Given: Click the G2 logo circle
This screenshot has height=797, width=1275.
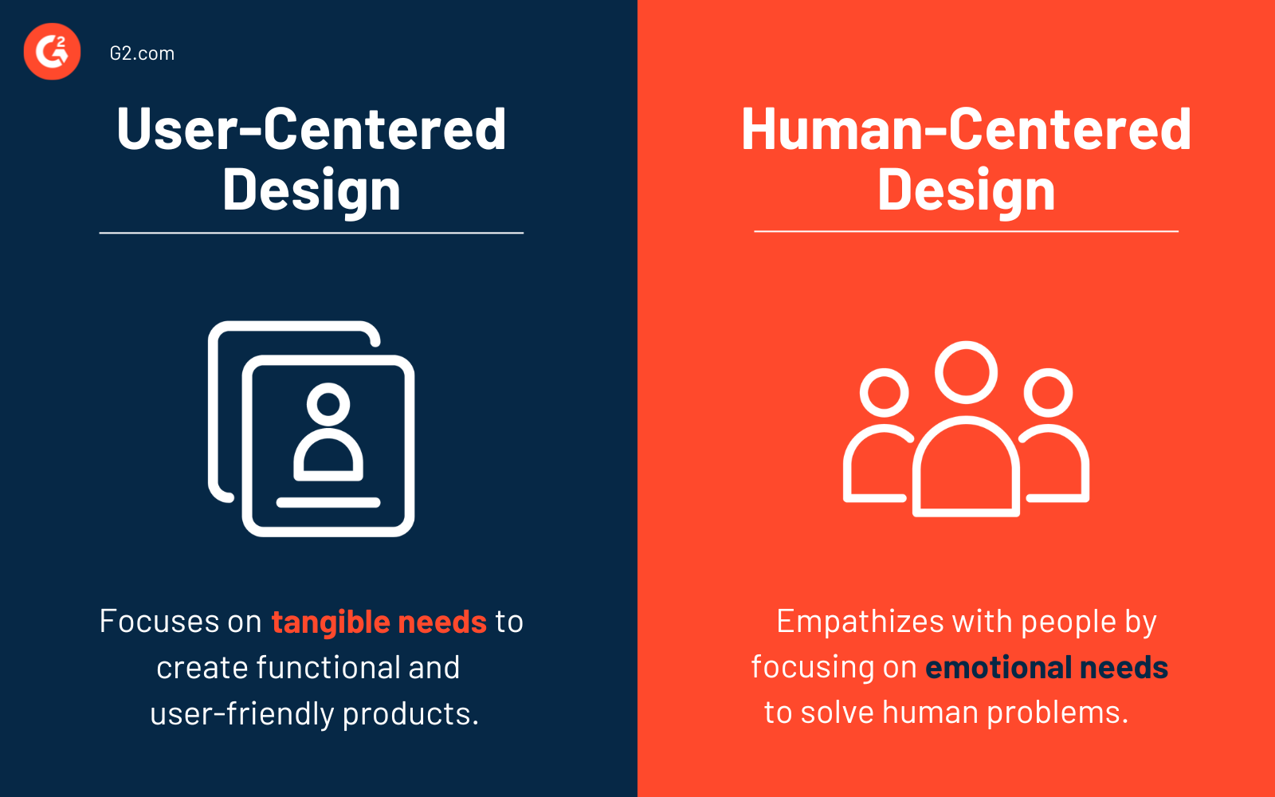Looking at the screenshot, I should [53, 52].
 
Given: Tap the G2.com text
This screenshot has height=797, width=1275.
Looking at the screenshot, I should [142, 53].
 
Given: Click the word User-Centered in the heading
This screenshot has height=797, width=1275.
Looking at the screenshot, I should [311, 129].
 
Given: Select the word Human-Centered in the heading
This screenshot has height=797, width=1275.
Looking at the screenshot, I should [966, 129].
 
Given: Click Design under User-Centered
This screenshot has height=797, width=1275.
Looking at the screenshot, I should [311, 191].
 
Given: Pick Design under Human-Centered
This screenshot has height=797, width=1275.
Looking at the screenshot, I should [966, 191].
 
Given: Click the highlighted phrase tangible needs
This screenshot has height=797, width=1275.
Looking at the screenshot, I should [379, 622].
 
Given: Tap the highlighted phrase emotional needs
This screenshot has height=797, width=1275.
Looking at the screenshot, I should [1046, 667].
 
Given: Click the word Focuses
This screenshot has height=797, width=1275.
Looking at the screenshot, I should [159, 622].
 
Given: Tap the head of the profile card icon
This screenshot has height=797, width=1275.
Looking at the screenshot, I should [328, 402].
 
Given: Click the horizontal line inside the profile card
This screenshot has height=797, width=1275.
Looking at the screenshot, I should [328, 502].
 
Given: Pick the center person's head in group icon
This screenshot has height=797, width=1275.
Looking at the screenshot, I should [966, 372].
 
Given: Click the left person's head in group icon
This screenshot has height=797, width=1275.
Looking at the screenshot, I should [885, 392].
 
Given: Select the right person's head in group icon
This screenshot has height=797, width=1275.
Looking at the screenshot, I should [1048, 392].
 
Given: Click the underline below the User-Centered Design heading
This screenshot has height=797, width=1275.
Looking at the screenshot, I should [311, 233].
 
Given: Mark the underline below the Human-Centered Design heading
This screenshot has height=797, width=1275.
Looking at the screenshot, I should [966, 231].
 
